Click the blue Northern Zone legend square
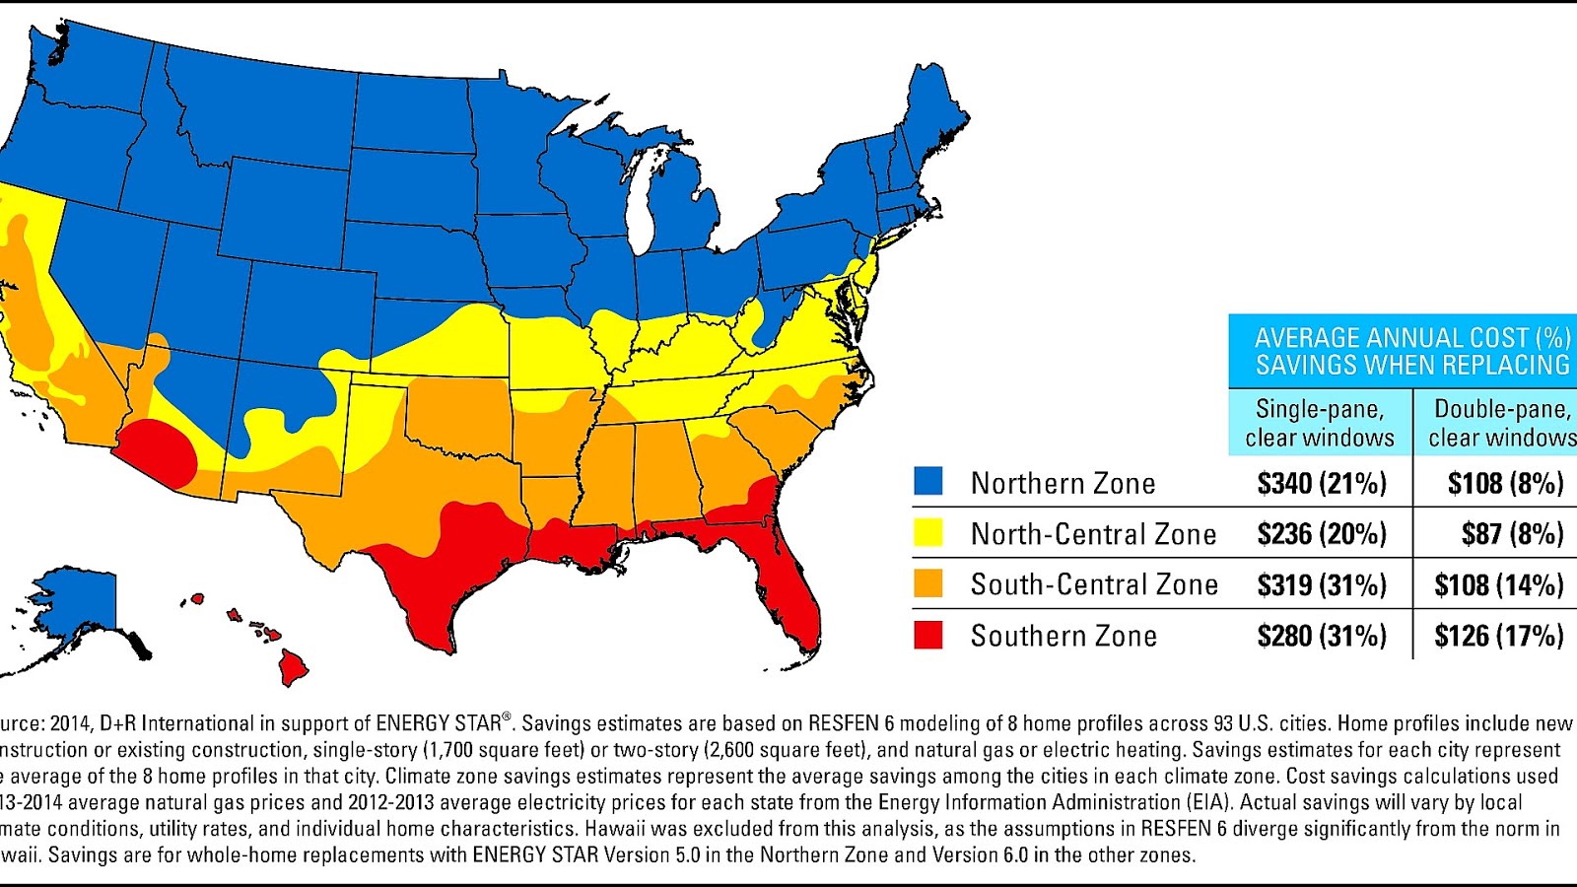pos(927,482)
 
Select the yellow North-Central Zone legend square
pos(927,533)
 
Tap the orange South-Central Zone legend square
pos(927,583)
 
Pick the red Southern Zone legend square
pos(927,635)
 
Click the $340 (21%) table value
pos(1321,483)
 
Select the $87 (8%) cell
pos(1512,534)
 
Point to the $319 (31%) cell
pos(1321,584)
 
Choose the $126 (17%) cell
pos(1498,636)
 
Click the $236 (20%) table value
pos(1321,534)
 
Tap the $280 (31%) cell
pos(1321,636)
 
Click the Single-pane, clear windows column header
pos(1320,423)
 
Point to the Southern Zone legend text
pos(1063,636)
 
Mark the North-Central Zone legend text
pos(1093,534)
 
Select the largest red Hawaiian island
pos(293,666)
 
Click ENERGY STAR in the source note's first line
pos(439,723)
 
